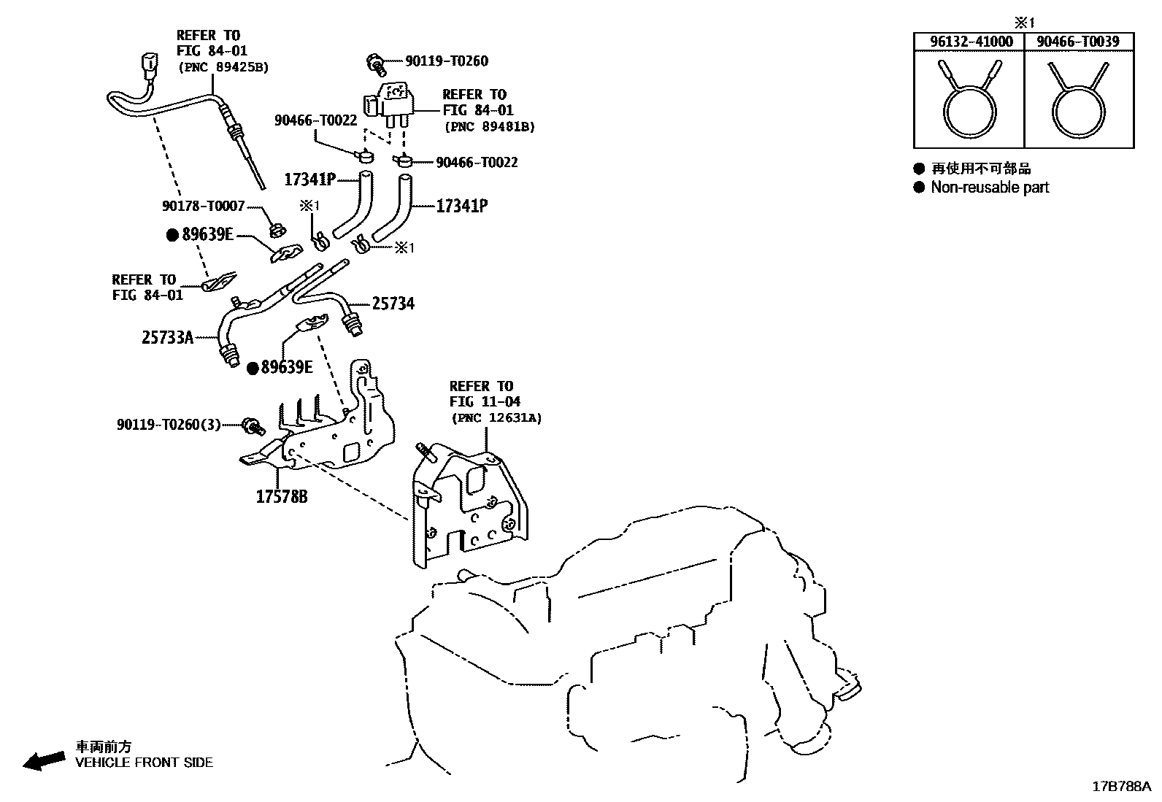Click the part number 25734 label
(x=393, y=304)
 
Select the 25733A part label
(x=167, y=337)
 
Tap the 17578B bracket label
(x=281, y=497)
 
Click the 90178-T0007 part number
(x=203, y=207)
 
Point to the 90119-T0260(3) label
(x=169, y=424)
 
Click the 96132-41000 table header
(x=971, y=42)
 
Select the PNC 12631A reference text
(x=496, y=418)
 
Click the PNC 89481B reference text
(x=490, y=126)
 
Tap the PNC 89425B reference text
(x=223, y=67)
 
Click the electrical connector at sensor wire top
(x=149, y=65)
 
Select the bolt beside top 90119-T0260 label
(x=377, y=63)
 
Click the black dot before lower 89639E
(x=253, y=368)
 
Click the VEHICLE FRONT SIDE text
(x=145, y=763)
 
